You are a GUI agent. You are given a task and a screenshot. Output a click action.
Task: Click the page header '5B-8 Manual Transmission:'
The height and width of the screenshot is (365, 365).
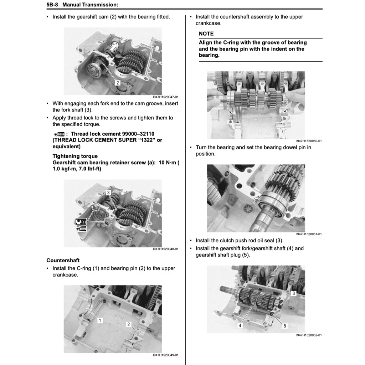[x=82, y=5]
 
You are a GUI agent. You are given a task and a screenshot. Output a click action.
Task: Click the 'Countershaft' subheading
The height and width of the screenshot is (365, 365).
[x=63, y=260]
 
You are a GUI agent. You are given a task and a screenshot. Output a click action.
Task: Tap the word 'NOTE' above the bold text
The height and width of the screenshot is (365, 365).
[x=206, y=34]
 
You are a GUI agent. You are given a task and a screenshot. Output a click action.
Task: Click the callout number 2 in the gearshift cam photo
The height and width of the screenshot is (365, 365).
[x=117, y=83]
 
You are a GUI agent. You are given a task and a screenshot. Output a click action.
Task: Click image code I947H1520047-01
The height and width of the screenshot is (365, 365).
[x=165, y=97]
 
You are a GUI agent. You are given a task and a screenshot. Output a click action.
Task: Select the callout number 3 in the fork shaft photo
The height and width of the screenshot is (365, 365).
[x=108, y=192]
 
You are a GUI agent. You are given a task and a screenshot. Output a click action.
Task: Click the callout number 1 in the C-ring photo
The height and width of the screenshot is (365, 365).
[x=100, y=320]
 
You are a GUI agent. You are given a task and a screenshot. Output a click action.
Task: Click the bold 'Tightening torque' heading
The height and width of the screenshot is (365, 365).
[x=75, y=156]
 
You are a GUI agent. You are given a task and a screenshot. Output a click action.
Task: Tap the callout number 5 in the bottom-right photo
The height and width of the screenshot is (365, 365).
[x=284, y=325]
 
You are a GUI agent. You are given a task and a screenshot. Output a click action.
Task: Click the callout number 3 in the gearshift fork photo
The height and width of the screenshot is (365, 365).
[x=293, y=293]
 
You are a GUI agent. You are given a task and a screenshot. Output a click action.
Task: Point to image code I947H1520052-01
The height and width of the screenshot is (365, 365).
[x=309, y=335]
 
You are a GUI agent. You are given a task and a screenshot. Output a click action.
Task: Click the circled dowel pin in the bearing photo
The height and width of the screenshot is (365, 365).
[x=256, y=201]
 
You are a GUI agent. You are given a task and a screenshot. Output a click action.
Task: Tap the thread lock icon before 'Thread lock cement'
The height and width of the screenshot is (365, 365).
[x=58, y=134]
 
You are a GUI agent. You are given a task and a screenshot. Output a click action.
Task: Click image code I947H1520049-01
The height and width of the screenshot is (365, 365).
[x=165, y=355]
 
